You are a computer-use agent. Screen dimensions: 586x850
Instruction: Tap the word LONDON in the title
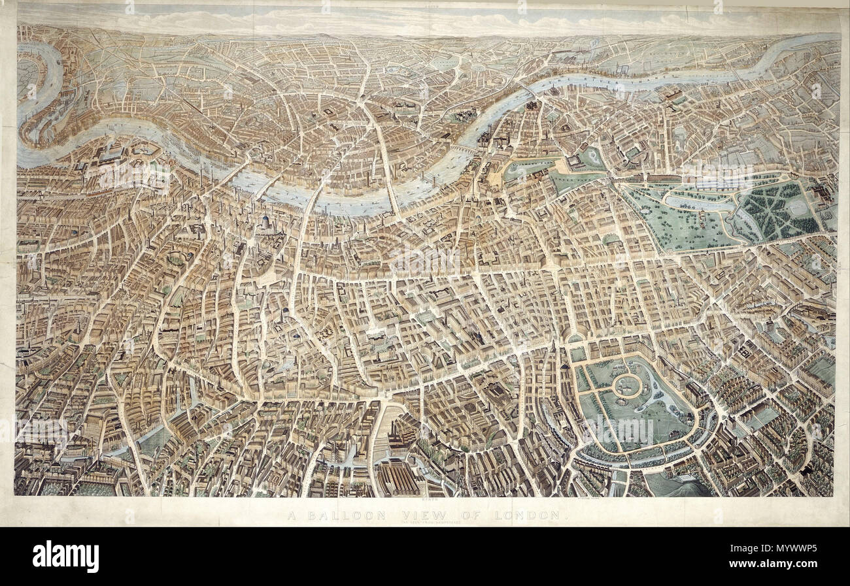click(528, 515)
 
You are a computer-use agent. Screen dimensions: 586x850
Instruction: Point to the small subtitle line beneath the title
click(425, 524)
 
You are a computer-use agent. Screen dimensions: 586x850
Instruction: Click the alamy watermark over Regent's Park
click(621, 428)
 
